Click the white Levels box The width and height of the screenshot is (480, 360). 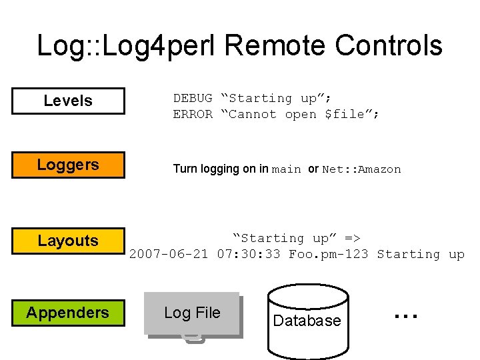coord(68,101)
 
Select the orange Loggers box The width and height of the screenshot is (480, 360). coord(68,165)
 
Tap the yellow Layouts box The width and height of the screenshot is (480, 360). coord(68,241)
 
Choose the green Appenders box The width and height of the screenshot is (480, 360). coord(68,313)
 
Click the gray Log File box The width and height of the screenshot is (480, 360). coord(192,313)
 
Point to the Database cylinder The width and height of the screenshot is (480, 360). coord(307,321)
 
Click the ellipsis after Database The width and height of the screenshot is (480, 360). coord(405,314)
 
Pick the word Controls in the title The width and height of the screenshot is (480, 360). coord(389,45)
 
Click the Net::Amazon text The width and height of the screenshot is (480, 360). coord(361,169)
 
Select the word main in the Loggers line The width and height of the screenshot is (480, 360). coord(287,169)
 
